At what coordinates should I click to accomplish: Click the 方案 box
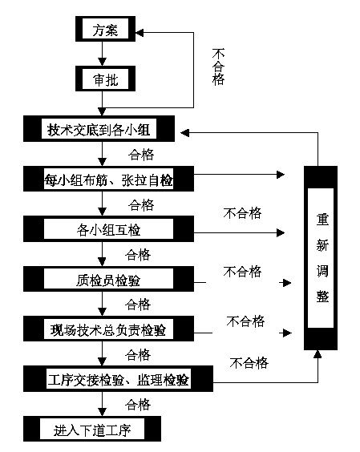click(105, 29)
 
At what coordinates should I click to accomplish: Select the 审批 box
click(105, 79)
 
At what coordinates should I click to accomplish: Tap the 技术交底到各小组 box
click(99, 129)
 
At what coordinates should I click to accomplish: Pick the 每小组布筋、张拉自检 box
click(108, 179)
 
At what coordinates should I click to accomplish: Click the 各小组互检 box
click(108, 229)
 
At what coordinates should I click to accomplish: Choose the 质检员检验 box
click(108, 279)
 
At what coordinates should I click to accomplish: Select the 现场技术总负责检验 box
click(108, 329)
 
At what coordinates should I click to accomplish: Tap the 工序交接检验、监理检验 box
click(119, 379)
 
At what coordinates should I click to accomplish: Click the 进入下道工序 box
click(92, 429)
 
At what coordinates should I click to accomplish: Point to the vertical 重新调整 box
click(321, 258)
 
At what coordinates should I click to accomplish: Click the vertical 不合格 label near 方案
click(218, 67)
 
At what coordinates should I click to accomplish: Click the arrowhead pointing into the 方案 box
click(140, 33)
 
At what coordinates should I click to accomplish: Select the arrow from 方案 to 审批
click(102, 54)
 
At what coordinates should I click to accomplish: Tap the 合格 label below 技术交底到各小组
click(141, 155)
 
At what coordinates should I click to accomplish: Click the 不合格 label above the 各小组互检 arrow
click(242, 213)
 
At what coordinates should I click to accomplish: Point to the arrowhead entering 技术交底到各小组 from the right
click(184, 132)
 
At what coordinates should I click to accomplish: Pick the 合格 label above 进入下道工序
click(138, 405)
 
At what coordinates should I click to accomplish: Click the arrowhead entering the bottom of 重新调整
click(318, 354)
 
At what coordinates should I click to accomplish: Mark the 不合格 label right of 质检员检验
click(242, 272)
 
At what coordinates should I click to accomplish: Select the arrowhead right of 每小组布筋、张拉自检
click(281, 175)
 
